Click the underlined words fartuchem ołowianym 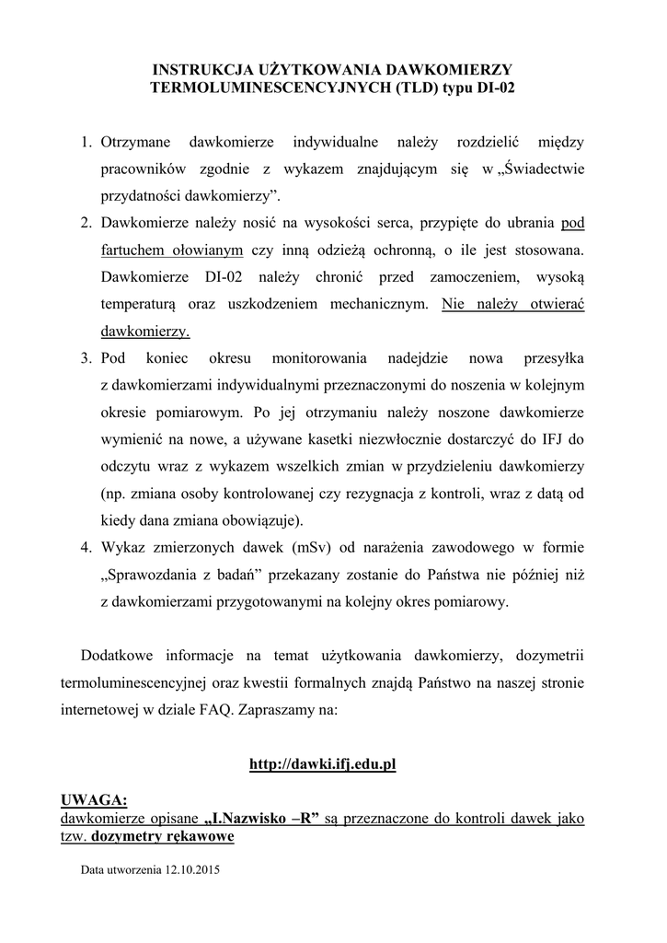point(172,250)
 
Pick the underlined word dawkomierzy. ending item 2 point(144,330)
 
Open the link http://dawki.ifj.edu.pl point(323,764)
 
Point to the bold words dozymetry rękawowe point(175,836)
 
